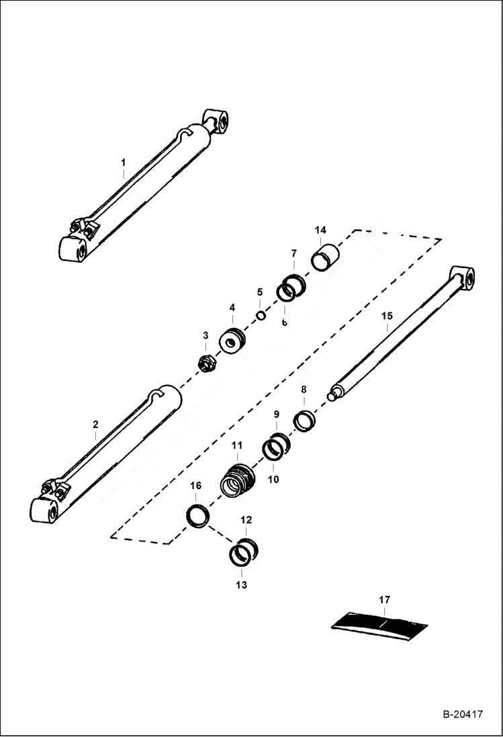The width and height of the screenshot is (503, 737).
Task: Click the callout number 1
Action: pos(123,163)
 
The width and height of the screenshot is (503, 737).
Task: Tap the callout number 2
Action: pos(95,425)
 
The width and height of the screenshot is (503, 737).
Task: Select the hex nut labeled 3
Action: pos(206,363)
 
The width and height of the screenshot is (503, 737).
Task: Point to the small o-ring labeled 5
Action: pos(261,316)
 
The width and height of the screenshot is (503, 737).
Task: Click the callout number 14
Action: pos(320,230)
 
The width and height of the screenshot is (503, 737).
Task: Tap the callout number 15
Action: pos(385,316)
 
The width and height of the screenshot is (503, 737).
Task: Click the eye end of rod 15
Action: pos(462,277)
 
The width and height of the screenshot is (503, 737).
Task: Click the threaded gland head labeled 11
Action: pos(238,478)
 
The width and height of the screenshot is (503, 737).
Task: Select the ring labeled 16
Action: pos(197,517)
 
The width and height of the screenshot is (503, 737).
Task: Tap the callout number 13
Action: pos(241,585)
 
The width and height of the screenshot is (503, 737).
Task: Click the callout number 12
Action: pos(246,520)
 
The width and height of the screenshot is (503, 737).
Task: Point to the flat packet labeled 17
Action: pos(380,624)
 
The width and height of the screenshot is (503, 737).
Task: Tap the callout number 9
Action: pos(276,415)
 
